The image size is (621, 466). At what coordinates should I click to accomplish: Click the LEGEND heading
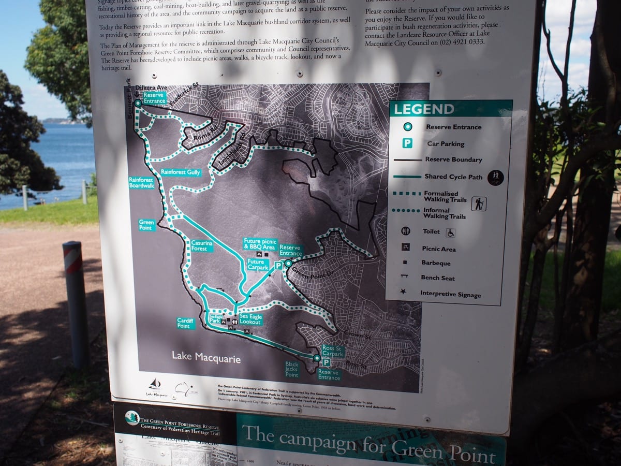point(423,109)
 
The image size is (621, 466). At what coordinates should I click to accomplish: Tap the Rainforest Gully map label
point(180,172)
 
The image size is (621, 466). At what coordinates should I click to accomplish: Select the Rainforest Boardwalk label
point(142,182)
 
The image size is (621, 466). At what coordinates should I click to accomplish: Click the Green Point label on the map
point(147,225)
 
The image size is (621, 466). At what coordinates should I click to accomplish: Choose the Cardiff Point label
point(185,323)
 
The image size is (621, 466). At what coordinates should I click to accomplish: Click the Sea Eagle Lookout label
point(250,319)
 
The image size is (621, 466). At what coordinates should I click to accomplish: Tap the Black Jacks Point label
point(292,369)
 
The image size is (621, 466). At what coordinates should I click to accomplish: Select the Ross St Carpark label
point(332,351)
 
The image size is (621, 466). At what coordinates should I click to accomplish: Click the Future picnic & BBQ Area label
point(260,244)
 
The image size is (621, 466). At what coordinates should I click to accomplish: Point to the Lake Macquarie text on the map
point(206,358)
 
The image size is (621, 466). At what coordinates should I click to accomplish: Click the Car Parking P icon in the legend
point(408,143)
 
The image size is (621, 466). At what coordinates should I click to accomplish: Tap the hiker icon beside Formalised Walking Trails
point(479,203)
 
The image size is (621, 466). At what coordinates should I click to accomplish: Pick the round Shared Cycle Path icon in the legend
point(495,177)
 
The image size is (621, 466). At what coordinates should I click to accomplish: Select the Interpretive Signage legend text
point(450,294)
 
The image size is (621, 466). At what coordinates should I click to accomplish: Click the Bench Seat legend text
point(437,278)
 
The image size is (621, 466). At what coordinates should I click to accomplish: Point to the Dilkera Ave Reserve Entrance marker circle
point(138,104)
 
